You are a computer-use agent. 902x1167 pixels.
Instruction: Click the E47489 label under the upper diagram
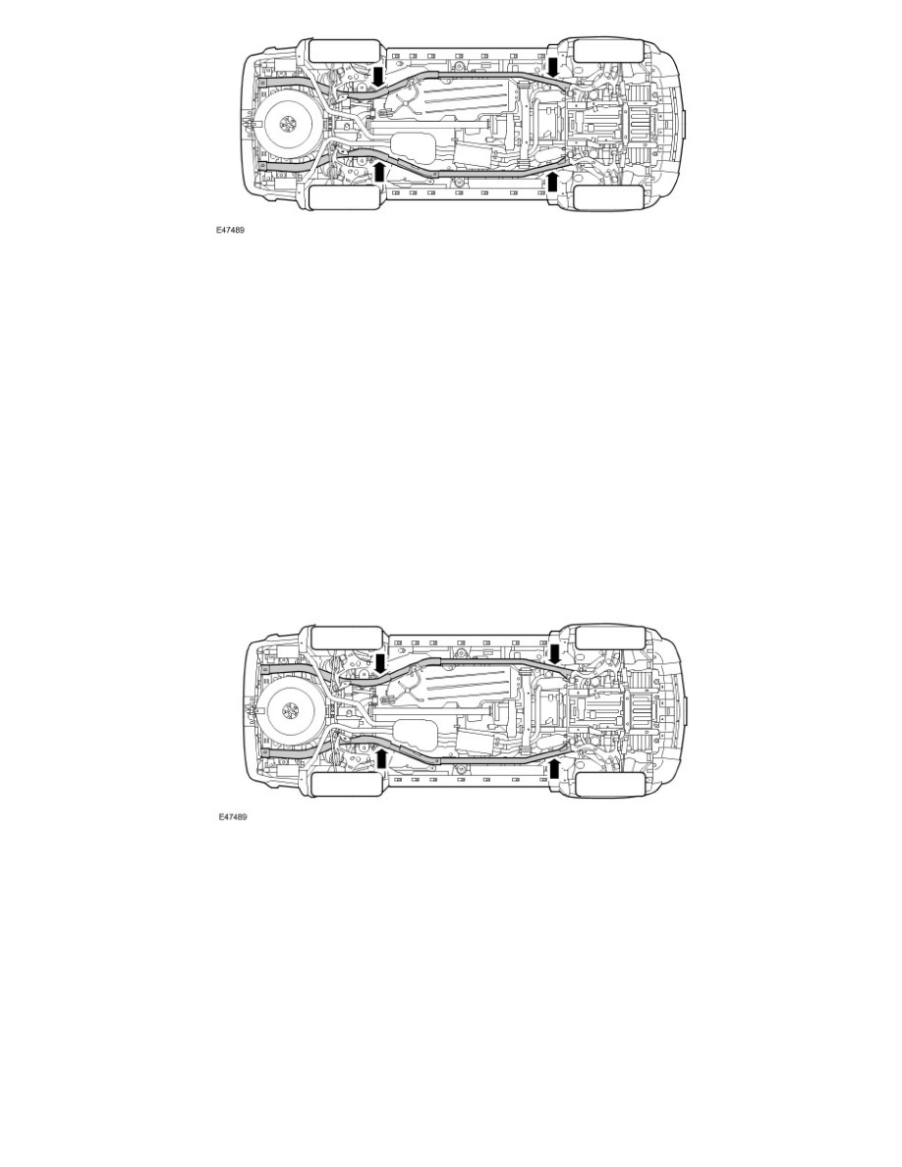[x=232, y=234]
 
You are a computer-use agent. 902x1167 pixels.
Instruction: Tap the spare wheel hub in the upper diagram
[x=287, y=124]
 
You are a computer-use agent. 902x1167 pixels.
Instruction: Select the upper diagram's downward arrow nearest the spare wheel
[x=379, y=76]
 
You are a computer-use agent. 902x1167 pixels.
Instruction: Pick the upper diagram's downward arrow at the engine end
[x=554, y=66]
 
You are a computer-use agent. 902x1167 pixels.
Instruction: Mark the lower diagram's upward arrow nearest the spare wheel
[x=379, y=757]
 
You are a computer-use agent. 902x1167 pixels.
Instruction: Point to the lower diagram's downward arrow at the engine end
[x=554, y=652]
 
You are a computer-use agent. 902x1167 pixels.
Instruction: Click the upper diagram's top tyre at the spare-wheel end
[x=343, y=52]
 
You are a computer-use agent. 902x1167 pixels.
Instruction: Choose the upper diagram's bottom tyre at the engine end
[x=608, y=197]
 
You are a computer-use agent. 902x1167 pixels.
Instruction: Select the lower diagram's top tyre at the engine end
[x=608, y=637]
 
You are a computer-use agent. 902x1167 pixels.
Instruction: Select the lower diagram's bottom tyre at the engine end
[x=608, y=783]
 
